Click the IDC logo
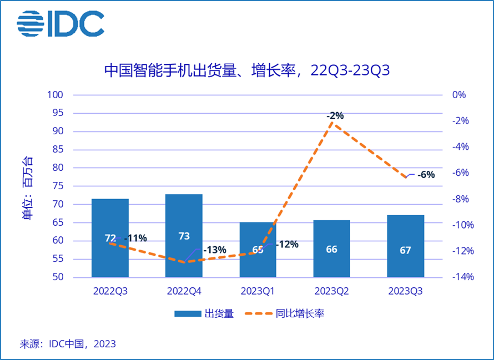(61, 23)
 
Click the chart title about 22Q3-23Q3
(247, 70)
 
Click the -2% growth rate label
(335, 116)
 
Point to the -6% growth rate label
(426, 175)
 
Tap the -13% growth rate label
(215, 250)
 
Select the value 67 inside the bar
(405, 250)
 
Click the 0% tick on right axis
(459, 95)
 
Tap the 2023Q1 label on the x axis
(258, 291)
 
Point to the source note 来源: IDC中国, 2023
(68, 344)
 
